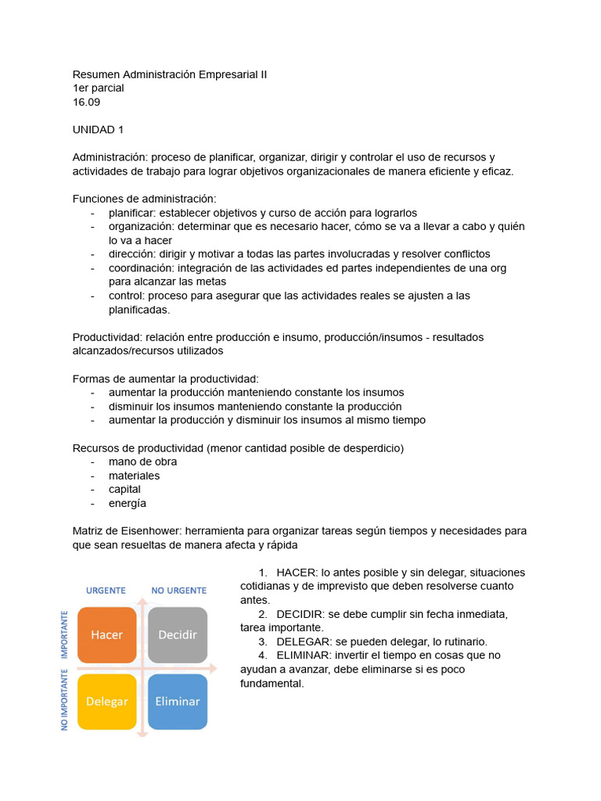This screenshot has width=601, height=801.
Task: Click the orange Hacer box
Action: pyautogui.click(x=106, y=634)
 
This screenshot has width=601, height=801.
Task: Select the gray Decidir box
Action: pyautogui.click(x=178, y=634)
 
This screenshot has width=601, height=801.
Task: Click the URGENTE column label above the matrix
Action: pyautogui.click(x=106, y=590)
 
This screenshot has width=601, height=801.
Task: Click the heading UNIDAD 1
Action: pyautogui.click(x=98, y=129)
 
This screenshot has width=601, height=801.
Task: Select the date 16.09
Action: pyautogui.click(x=86, y=102)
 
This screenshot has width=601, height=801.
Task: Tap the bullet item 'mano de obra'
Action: pyautogui.click(x=142, y=462)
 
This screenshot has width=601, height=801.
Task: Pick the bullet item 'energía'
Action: pyautogui.click(x=128, y=503)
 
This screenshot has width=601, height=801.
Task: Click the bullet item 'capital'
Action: pyautogui.click(x=124, y=489)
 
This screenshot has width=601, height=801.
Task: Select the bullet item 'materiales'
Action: pyautogui.click(x=134, y=476)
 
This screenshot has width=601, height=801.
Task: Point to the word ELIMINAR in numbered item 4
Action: pyautogui.click(x=304, y=655)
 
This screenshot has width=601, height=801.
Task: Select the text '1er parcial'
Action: pyautogui.click(x=98, y=88)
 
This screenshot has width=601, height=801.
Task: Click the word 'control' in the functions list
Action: pyautogui.click(x=125, y=296)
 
